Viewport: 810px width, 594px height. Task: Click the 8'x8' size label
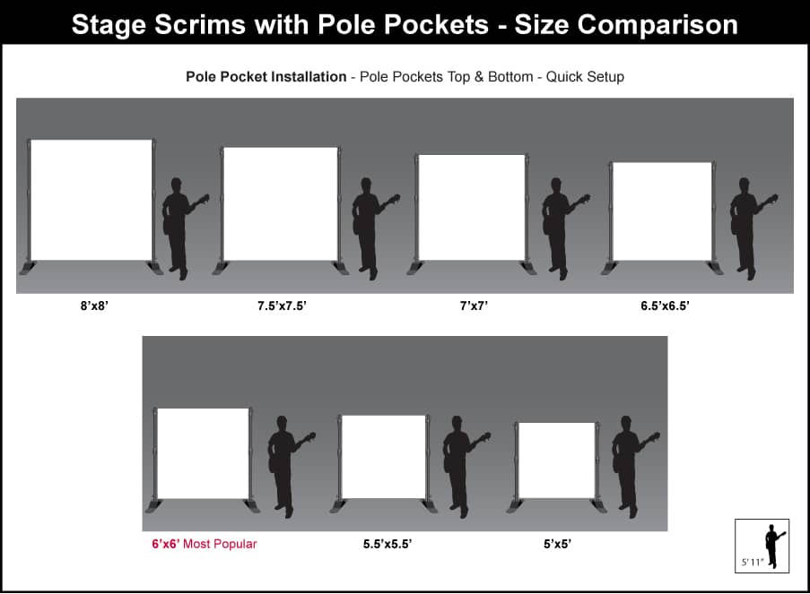(94, 306)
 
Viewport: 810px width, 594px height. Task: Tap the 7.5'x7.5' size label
(282, 306)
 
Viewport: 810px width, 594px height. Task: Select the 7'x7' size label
(474, 306)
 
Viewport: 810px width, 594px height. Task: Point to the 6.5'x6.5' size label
(665, 306)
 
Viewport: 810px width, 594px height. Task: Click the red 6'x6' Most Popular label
(204, 544)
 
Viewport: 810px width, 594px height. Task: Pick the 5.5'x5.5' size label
(388, 544)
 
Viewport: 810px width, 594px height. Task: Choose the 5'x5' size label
(557, 544)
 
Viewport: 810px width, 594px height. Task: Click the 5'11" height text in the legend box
(752, 562)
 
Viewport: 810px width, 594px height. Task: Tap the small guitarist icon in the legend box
(774, 546)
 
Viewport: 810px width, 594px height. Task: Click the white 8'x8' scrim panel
(91, 200)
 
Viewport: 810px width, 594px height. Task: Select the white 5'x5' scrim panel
(556, 461)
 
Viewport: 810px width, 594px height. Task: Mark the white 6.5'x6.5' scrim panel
(662, 211)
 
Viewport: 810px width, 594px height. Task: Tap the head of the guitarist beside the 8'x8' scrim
(176, 185)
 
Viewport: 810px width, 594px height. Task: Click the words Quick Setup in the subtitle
(585, 77)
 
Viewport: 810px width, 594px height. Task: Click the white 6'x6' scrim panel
(203, 453)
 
